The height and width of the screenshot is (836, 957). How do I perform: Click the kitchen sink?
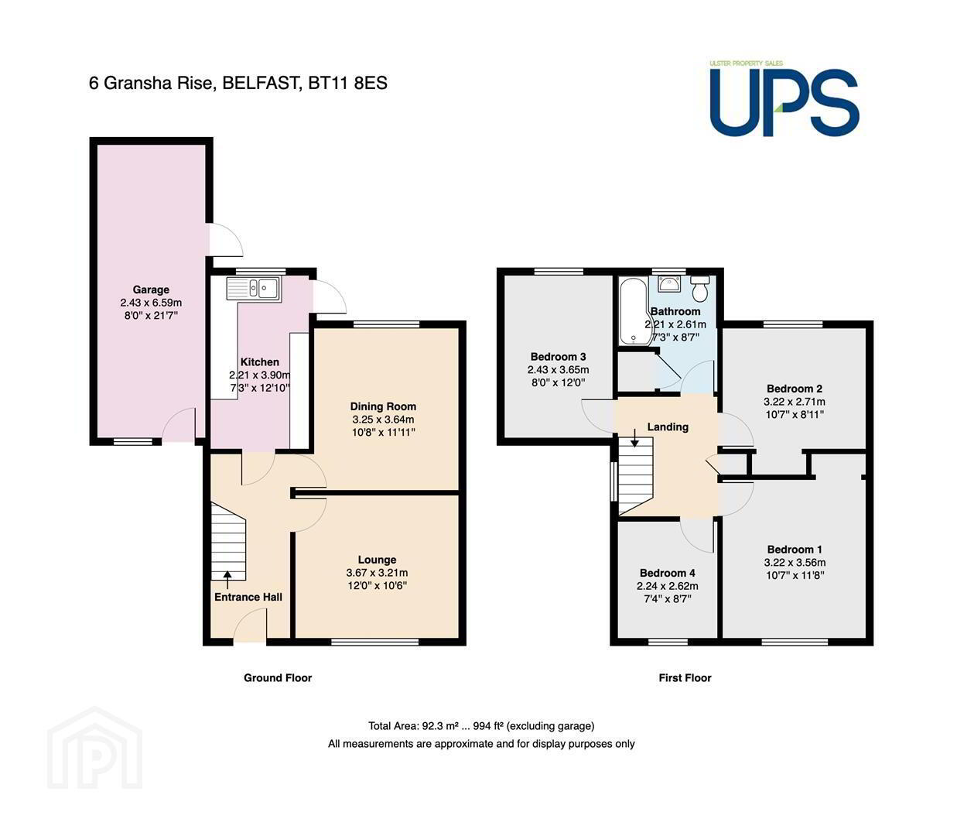[253, 288]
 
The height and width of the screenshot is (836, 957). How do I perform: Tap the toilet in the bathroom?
[699, 288]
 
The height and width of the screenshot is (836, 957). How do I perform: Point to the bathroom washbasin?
[669, 283]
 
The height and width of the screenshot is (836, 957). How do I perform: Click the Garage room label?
[151, 290]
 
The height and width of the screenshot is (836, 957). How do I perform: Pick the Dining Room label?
[383, 406]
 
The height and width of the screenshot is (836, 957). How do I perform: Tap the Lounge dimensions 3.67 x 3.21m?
[377, 572]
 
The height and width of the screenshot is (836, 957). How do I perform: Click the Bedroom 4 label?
[668, 573]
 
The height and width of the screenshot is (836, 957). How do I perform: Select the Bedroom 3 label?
[558, 357]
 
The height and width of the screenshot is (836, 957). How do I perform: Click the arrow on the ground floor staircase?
[227, 580]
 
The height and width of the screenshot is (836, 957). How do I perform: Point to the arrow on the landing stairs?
[634, 437]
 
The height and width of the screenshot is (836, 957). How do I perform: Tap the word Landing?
[668, 427]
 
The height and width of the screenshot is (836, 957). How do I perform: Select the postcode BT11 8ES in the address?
[347, 83]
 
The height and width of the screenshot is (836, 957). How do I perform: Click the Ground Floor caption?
[278, 678]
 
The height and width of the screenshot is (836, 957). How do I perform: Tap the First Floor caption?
[685, 678]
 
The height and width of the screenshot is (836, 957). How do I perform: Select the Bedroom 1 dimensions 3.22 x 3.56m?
[795, 562]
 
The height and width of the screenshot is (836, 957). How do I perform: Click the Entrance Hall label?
[248, 597]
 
